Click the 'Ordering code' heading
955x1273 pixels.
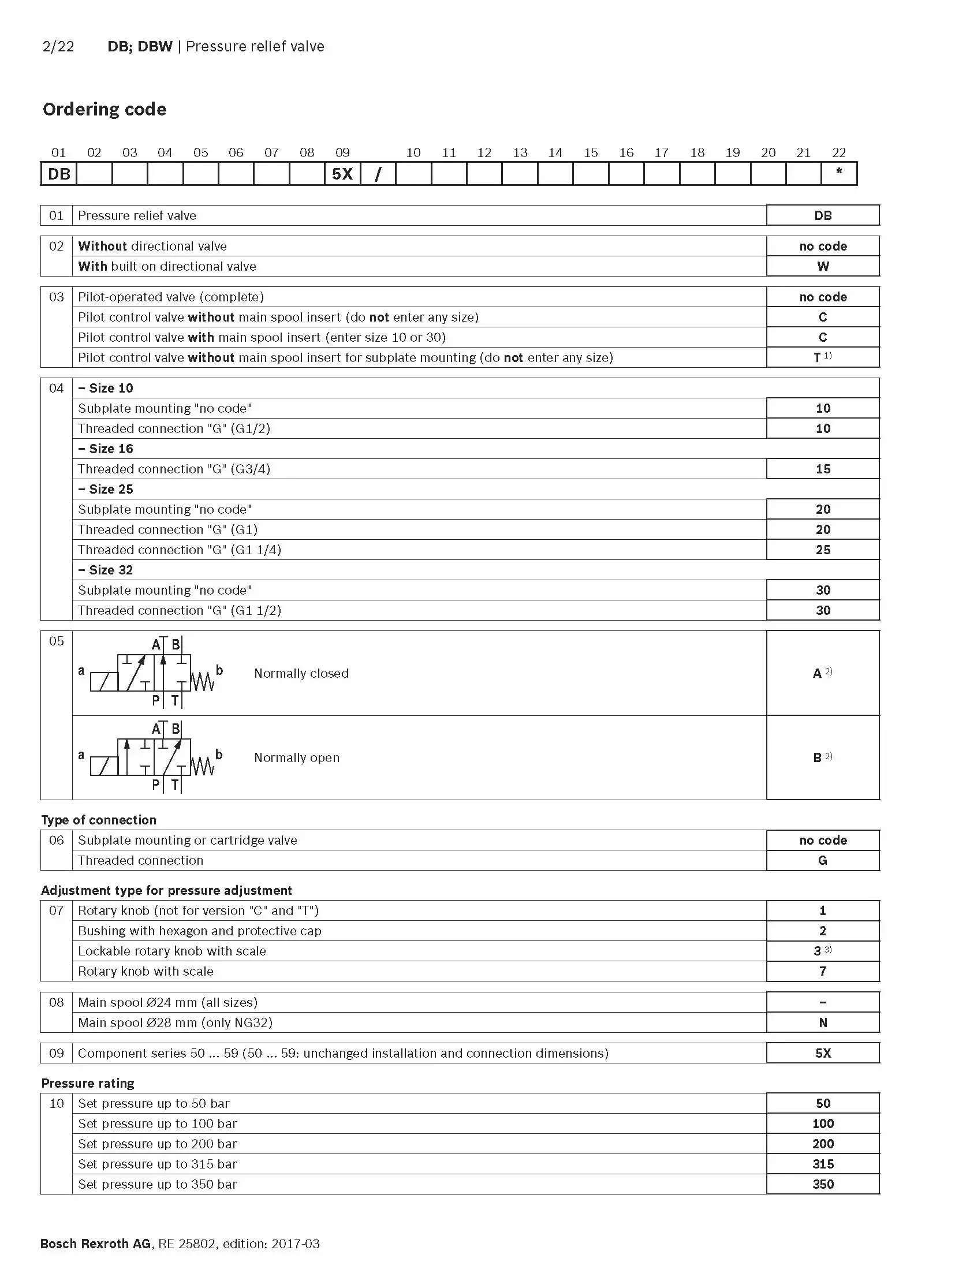105,109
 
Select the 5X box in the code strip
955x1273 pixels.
342,174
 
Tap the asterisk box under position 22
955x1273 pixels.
838,174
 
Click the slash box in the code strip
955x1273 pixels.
378,174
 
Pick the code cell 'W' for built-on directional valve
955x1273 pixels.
822,266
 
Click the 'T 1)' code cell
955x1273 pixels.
822,357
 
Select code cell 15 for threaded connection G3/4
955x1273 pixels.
822,469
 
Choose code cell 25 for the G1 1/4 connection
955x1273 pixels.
822,550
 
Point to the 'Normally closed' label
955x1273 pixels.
301,673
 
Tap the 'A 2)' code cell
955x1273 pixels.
822,673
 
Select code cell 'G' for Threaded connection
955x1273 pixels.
822,860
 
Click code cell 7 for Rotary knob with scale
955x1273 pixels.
822,971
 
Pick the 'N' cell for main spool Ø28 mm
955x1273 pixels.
822,1022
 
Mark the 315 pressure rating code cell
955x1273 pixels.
822,1164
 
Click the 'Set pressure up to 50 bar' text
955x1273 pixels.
154,1103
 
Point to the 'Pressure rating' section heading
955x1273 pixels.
88,1083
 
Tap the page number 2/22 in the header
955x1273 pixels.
58,47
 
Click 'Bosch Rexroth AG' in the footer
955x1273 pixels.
95,1244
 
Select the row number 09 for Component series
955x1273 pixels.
57,1053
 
